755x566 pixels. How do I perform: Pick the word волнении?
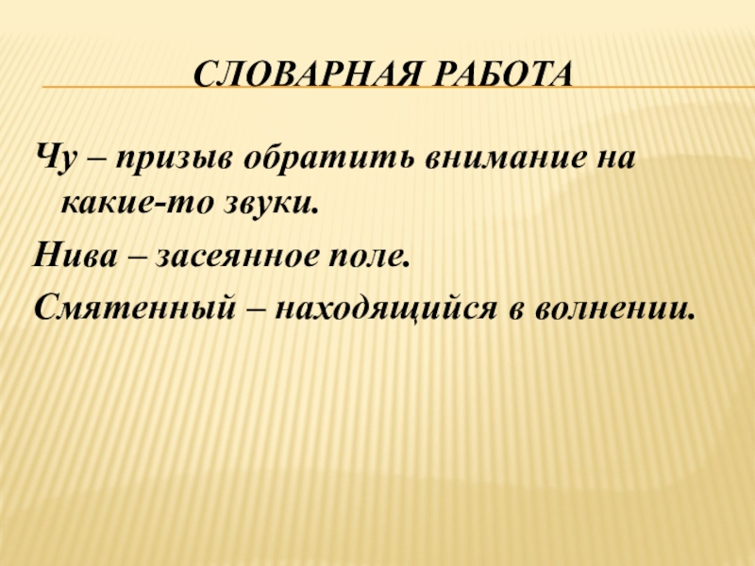[619, 308]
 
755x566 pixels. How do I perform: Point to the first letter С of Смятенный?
[44, 307]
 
